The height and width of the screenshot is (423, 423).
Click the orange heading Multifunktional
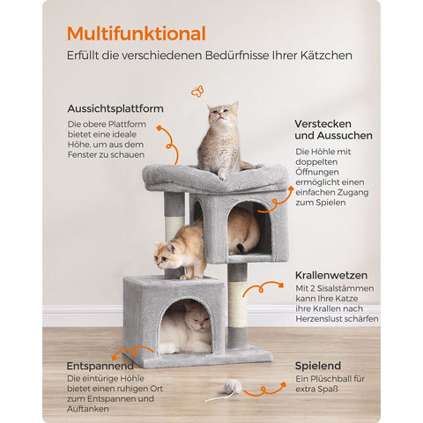136,33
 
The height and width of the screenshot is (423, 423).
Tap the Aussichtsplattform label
115,108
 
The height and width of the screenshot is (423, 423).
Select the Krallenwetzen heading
332,275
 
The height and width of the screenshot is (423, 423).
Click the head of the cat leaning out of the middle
171,256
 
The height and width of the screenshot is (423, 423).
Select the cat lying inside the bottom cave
187,328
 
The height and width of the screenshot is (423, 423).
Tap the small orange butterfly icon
197,91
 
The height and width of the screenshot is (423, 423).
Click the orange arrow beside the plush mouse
265,389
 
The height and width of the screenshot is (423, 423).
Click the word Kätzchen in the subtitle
323,56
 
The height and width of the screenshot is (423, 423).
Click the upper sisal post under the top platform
174,216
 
